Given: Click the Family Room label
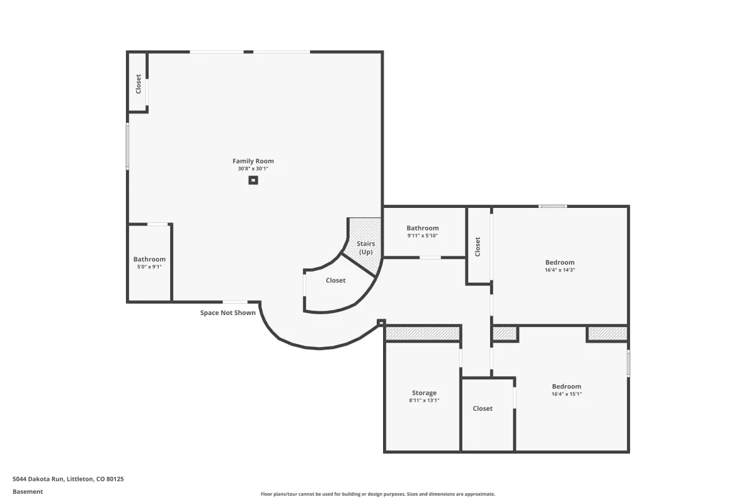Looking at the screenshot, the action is (x=253, y=161).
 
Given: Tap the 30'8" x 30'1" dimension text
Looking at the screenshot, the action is (x=253, y=169).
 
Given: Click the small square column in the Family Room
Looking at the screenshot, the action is (x=253, y=180).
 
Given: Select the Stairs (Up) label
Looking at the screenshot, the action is (x=365, y=248).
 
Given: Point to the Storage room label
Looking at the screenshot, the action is (x=424, y=393).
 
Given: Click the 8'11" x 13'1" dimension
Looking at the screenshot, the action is (x=424, y=400).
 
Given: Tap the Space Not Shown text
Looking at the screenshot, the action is (x=228, y=313).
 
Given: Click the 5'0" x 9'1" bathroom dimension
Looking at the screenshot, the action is (x=149, y=266).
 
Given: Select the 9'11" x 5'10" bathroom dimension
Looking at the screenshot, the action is (x=423, y=236).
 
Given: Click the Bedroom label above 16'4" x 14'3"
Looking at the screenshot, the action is (x=559, y=262).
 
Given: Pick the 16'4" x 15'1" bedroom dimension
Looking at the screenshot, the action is (x=566, y=394).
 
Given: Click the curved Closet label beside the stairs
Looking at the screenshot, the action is (x=335, y=280).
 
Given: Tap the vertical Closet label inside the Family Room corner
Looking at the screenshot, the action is (x=138, y=84).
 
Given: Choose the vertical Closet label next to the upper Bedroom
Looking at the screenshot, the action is (x=478, y=247).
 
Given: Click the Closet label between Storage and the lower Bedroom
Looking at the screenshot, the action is (x=483, y=408).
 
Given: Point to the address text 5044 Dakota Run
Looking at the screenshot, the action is (x=38, y=479).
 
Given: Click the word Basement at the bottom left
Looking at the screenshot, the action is (x=28, y=491).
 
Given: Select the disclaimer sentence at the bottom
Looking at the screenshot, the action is (x=377, y=494).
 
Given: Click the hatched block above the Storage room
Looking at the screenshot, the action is (x=423, y=333).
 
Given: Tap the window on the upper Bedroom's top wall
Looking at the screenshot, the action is (x=553, y=206).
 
